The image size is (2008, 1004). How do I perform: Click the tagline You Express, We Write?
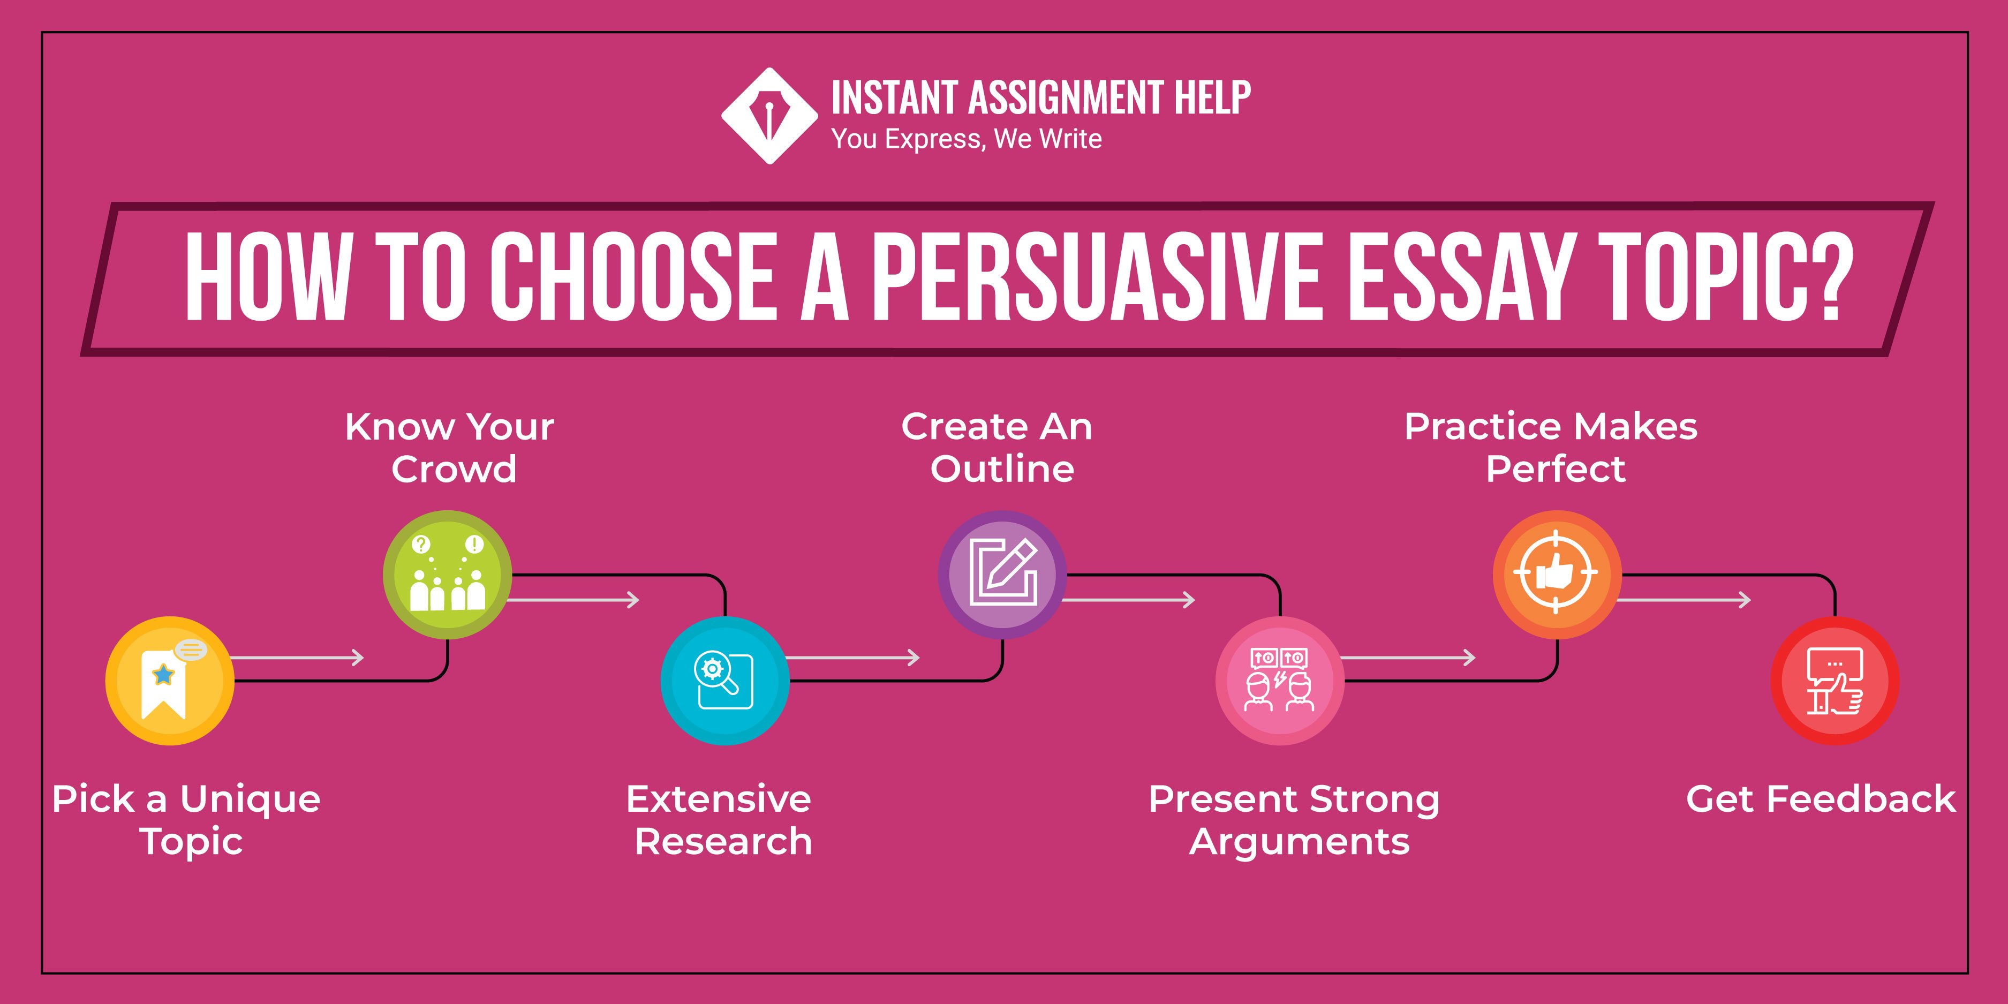click(x=966, y=139)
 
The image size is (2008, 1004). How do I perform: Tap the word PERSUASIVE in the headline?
click(x=1095, y=277)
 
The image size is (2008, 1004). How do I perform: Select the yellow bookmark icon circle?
click(x=169, y=681)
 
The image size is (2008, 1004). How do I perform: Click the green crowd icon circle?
click(x=448, y=575)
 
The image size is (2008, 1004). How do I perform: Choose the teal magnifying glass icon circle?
click(x=725, y=681)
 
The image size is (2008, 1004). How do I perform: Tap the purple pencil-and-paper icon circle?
click(x=1002, y=575)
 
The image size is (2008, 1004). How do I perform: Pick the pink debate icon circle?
click(x=1280, y=681)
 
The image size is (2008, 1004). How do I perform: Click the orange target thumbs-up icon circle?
click(x=1557, y=575)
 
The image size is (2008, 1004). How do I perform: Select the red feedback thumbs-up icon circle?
click(x=1835, y=681)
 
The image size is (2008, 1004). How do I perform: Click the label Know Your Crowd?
click(x=450, y=448)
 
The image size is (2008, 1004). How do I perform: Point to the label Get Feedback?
click(x=1820, y=799)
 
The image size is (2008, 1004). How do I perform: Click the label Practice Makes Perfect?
click(x=1551, y=448)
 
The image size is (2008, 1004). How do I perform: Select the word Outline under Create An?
click(x=1002, y=469)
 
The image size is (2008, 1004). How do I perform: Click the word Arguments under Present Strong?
click(x=1300, y=842)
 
